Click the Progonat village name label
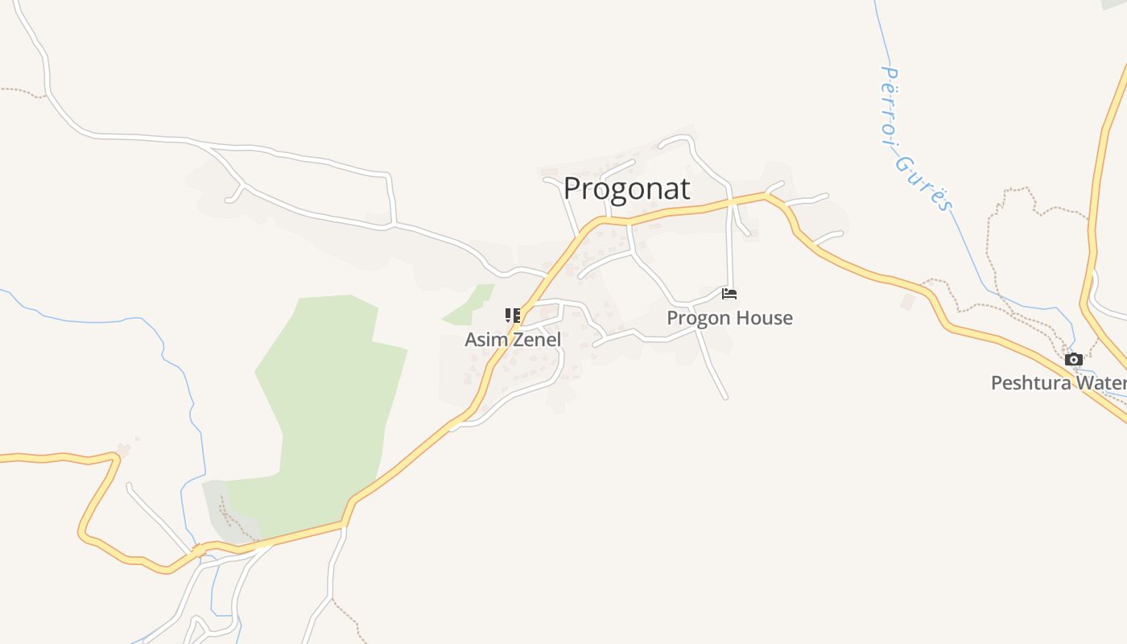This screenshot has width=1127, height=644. point(626,188)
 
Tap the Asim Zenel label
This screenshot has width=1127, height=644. point(513,340)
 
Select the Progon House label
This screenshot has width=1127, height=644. point(729,318)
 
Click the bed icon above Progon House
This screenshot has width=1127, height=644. point(729,294)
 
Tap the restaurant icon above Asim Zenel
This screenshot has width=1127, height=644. point(513,315)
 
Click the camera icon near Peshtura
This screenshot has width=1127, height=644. point(1074,360)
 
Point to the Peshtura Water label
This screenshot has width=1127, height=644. point(1058,382)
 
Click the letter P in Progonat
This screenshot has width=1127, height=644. point(572,189)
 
